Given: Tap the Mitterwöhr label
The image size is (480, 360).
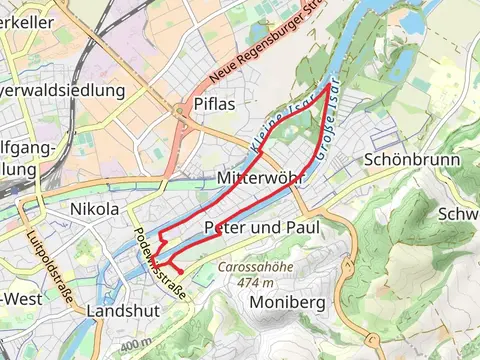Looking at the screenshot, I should pyautogui.click(x=260, y=180).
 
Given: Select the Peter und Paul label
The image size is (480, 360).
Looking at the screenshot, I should pyautogui.click(x=261, y=228).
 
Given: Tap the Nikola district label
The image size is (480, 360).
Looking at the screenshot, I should pyautogui.click(x=95, y=210).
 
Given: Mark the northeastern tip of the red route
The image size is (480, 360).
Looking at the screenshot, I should pyautogui.click(x=330, y=87).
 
